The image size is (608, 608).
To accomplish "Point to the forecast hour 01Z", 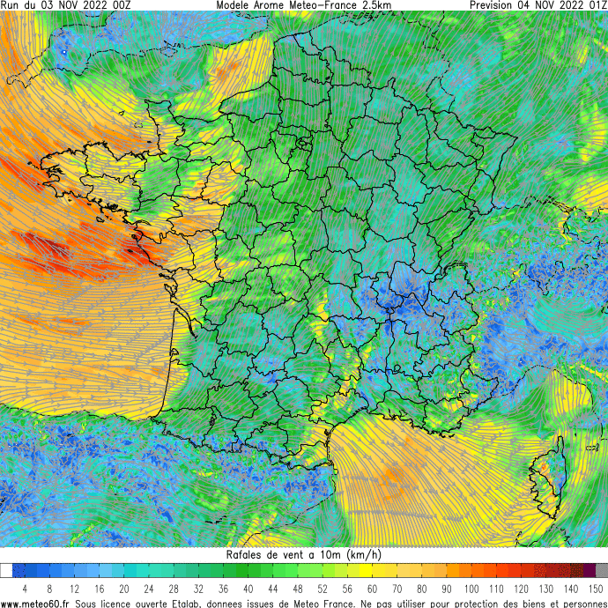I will tap(595, 5).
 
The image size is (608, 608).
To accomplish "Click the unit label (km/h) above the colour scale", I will tap(365, 554).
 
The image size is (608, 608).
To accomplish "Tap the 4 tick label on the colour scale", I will tap(25, 588).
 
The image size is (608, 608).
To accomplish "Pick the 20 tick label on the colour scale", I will tap(123, 588).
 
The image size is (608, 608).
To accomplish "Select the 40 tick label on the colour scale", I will tap(248, 588).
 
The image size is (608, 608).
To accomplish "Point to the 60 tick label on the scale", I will tap(373, 588).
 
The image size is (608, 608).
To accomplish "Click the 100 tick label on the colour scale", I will tap(471, 588).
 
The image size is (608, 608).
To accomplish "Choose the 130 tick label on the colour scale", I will tap(546, 588).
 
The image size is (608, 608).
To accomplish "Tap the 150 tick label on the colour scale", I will tap(596, 588).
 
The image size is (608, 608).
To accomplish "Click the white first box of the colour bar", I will tap(6, 571).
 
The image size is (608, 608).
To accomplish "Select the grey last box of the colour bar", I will tap(602, 571).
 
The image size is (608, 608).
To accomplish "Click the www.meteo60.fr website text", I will tap(35, 603).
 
